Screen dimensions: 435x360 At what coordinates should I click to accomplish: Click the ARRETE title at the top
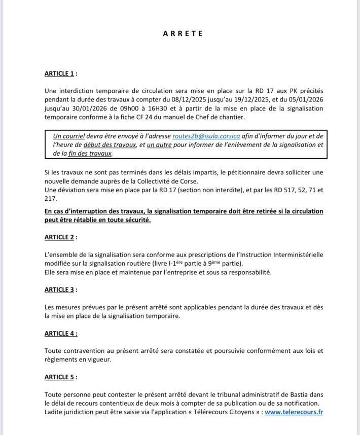pos(183,33)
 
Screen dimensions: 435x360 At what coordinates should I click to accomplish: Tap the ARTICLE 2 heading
pos(61,237)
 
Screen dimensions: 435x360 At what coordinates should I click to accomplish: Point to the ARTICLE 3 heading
pos(61,289)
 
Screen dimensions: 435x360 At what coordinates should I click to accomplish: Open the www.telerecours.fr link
pos(294,412)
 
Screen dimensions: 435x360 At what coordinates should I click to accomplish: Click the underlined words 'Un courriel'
pos(69,136)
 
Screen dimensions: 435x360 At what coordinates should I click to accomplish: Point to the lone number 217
pos(51,199)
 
